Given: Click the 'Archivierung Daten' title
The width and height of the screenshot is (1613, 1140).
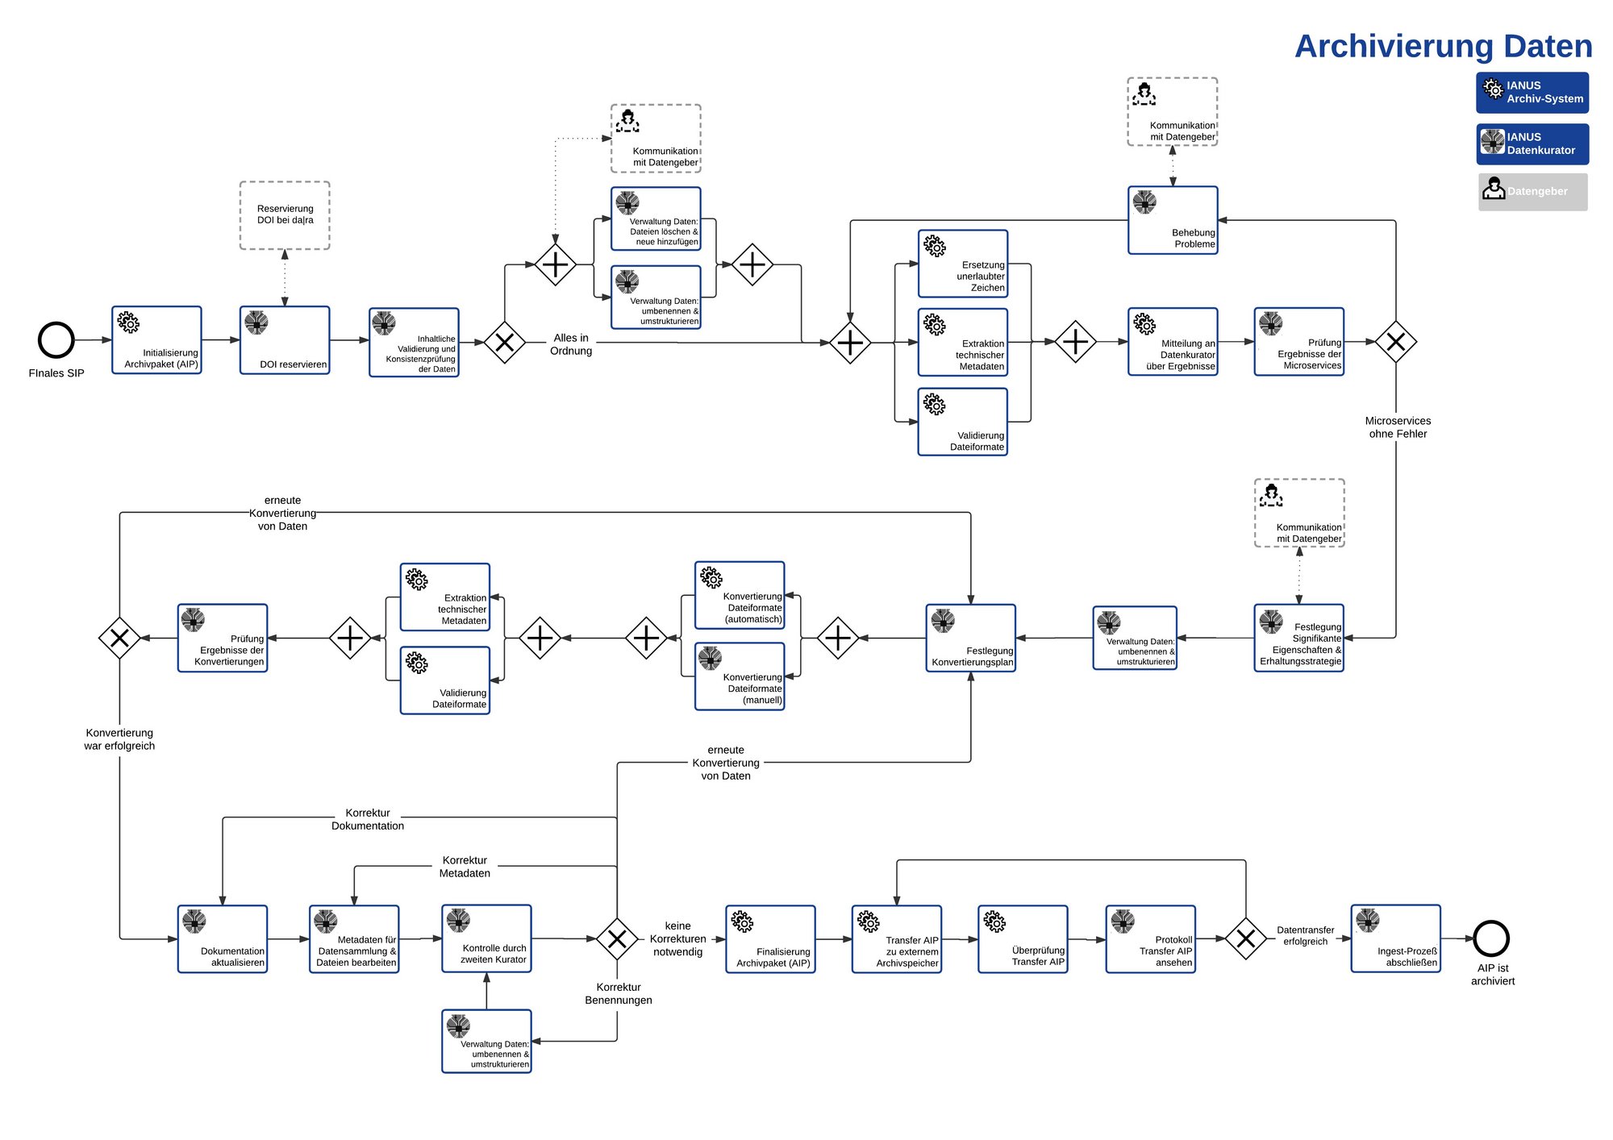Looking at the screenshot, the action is [1443, 46].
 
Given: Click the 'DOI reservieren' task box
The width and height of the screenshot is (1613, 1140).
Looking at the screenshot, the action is [285, 340].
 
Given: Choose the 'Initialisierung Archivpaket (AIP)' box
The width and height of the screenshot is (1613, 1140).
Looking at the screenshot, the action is [156, 340].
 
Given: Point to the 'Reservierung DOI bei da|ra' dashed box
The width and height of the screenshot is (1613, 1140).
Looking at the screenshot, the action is [285, 215].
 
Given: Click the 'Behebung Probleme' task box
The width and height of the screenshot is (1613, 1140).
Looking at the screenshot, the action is [1173, 220].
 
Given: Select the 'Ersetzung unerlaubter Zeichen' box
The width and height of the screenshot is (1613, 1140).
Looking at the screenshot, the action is [963, 264].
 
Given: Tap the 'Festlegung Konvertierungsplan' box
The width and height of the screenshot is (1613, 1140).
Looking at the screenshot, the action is [970, 638].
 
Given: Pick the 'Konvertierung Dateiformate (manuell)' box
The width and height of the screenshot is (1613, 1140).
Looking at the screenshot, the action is [740, 676].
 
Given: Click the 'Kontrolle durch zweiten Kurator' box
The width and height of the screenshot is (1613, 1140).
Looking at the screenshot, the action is [486, 938].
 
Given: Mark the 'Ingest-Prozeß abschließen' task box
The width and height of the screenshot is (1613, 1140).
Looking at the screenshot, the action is [1396, 938].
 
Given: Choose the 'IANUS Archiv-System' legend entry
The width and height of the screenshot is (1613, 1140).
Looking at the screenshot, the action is [1532, 93].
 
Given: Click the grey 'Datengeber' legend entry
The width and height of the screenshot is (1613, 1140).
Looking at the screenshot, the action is [1532, 192].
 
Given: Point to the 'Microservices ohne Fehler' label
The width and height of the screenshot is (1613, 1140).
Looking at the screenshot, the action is [1398, 427].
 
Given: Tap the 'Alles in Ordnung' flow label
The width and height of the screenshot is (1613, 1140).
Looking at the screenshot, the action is [571, 344].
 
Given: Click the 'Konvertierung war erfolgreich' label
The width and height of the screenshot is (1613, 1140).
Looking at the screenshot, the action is [119, 739].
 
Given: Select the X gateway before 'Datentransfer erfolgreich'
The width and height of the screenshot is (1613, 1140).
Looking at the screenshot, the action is [1246, 938].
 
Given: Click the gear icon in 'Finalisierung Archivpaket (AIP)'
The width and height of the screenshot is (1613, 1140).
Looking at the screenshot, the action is [742, 922].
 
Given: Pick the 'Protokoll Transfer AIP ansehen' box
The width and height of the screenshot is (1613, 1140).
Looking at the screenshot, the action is [1150, 938].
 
